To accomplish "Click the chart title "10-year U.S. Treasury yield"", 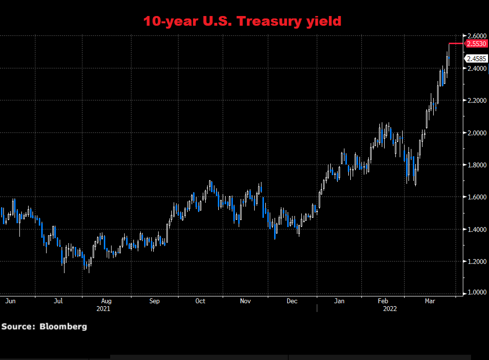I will (x=242, y=21).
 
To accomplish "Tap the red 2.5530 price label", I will (x=476, y=44).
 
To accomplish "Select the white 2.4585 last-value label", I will (x=476, y=59).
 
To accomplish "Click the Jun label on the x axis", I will (x=10, y=301).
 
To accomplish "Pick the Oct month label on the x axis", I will (x=200, y=301).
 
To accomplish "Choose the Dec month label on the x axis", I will (x=292, y=301).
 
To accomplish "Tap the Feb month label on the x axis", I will (x=383, y=301).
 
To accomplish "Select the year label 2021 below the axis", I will (x=103, y=308).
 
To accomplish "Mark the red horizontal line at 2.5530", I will (x=456, y=44).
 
